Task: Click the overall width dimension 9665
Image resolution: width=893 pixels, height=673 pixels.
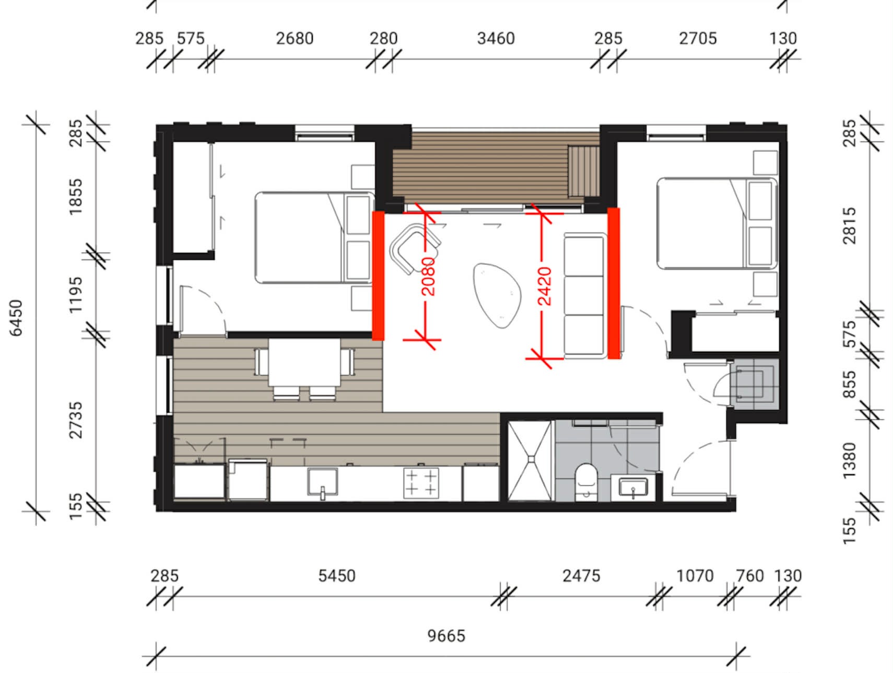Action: (446, 635)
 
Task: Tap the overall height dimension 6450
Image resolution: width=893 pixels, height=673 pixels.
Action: (17, 318)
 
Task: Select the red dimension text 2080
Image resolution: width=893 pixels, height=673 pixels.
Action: (428, 276)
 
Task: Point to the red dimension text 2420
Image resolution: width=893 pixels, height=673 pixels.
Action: (544, 286)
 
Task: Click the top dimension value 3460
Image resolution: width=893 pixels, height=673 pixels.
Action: (496, 38)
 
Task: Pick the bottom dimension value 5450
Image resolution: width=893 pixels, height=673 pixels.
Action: (337, 575)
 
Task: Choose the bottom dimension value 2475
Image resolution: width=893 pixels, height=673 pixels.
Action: (581, 575)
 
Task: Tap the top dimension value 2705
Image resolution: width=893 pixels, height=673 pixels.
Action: (698, 38)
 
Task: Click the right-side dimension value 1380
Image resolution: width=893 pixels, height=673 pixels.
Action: (850, 460)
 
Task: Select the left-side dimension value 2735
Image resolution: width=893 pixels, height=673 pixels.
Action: (76, 420)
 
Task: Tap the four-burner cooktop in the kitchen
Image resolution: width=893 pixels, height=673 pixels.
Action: (421, 482)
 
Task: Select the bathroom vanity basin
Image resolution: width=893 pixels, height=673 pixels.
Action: (633, 488)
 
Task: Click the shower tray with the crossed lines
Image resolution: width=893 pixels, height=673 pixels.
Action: (530, 461)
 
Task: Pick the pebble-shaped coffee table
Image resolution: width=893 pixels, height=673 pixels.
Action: (497, 295)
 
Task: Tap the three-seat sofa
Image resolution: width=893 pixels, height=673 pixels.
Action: (585, 296)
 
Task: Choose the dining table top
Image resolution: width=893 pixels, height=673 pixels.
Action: (304, 363)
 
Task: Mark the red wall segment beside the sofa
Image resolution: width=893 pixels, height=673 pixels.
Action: (614, 283)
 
